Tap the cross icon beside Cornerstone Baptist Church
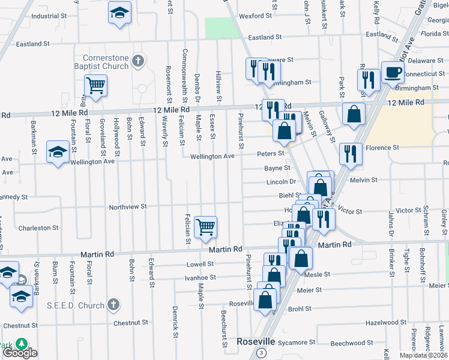139,60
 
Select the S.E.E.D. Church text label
76,305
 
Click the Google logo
20,353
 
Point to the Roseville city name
256,341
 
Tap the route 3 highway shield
262,352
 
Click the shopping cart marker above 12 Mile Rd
95,86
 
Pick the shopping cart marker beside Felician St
206,227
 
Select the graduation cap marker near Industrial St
119,12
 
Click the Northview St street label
128,207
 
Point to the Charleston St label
38,228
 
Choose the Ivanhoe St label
200,277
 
